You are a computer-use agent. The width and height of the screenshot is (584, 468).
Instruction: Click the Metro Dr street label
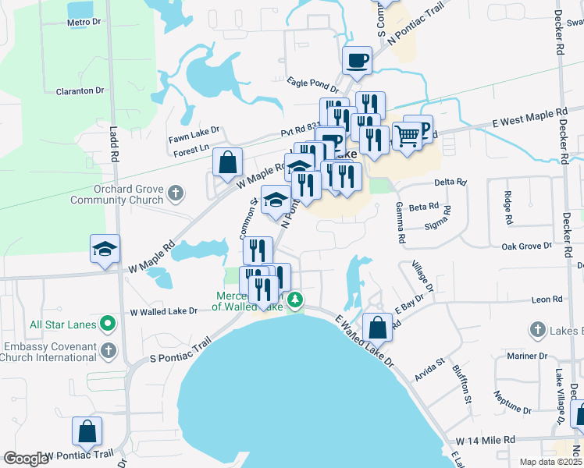click(x=84, y=23)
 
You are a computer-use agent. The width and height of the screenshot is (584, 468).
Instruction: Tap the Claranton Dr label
click(x=80, y=91)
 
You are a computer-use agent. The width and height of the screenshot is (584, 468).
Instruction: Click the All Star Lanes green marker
click(x=110, y=324)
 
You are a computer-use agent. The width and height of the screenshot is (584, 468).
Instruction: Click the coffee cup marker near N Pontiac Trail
click(x=357, y=59)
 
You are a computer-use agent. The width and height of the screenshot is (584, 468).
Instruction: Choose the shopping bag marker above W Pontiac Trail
click(x=87, y=430)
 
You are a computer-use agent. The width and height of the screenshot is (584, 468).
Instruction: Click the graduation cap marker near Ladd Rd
click(x=105, y=249)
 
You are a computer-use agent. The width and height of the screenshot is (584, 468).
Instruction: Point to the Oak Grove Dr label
click(x=526, y=246)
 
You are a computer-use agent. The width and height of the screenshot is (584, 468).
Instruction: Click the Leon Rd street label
click(x=547, y=299)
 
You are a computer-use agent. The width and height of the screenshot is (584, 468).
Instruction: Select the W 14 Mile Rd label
click(x=486, y=440)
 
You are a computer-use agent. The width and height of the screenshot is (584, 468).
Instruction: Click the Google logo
click(x=25, y=459)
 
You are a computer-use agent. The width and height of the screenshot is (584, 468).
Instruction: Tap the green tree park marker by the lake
click(x=296, y=300)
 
